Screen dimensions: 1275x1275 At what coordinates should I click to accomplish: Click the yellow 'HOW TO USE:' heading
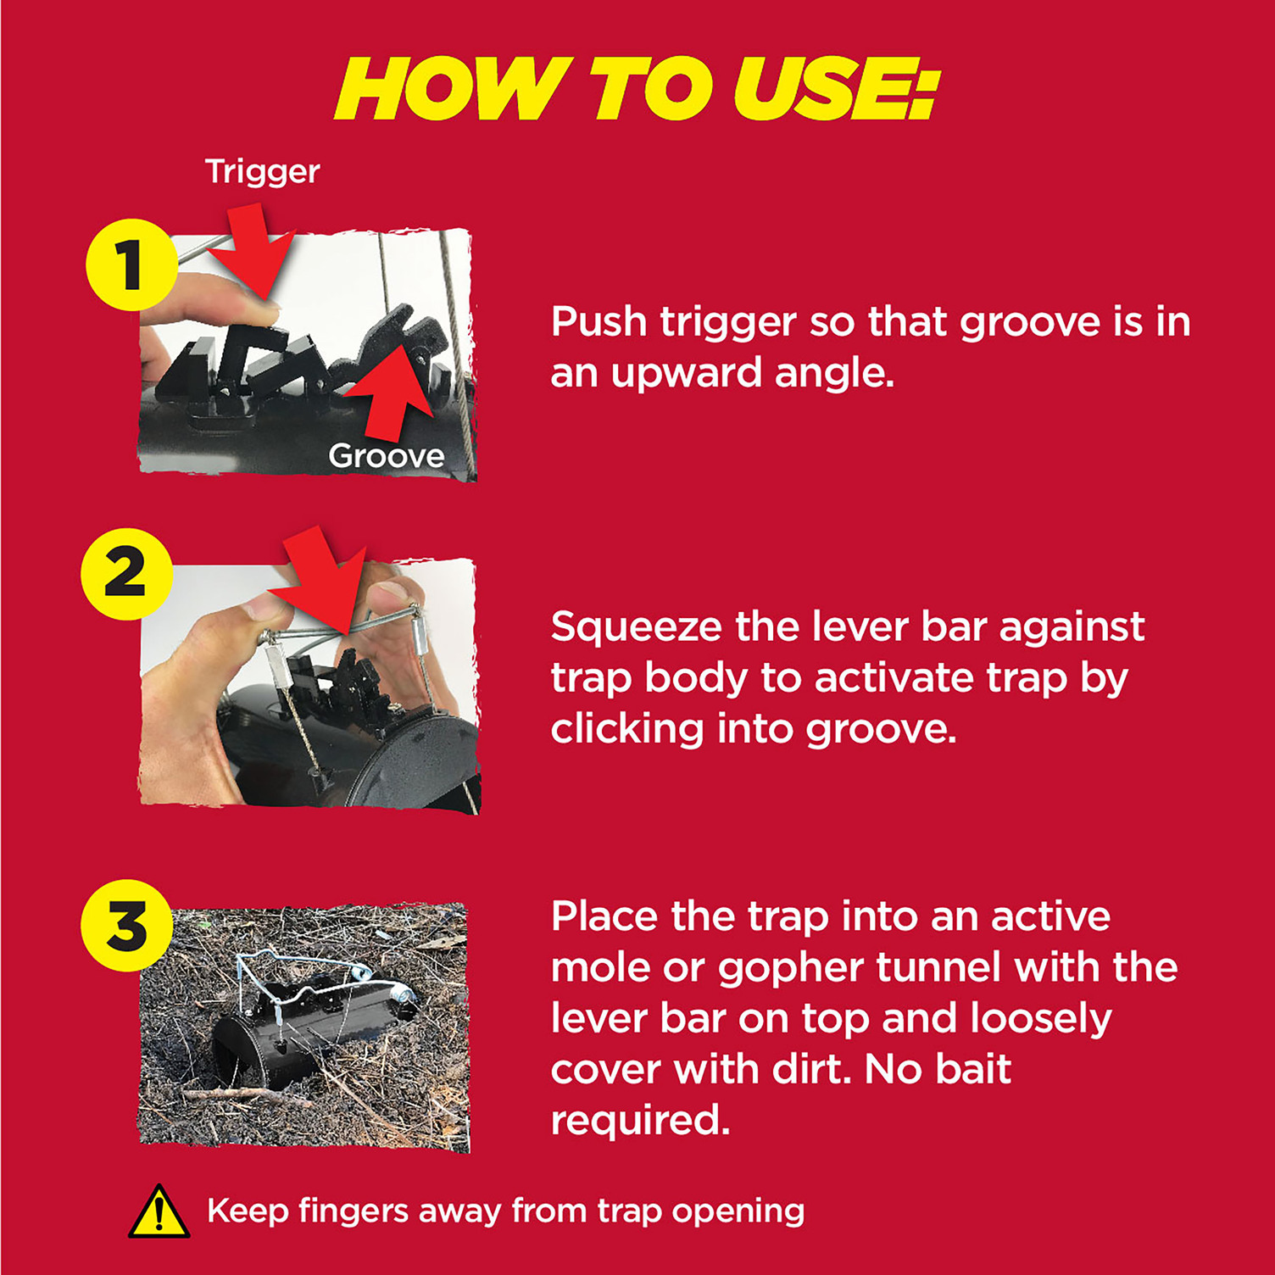point(637,89)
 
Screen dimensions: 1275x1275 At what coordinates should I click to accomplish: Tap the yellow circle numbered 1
point(131,264)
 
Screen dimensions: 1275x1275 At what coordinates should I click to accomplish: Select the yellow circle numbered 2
point(126,574)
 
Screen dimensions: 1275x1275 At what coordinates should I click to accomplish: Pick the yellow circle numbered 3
point(126,926)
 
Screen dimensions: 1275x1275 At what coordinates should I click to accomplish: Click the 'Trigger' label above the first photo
point(263,172)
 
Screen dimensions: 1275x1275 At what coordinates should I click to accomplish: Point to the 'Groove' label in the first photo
point(387,456)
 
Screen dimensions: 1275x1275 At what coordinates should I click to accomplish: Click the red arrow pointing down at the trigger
point(252,254)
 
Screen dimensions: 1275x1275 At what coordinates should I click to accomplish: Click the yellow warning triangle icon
point(159,1212)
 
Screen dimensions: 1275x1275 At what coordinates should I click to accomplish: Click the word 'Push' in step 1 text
point(599,322)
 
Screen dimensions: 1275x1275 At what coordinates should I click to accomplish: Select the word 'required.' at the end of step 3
point(640,1122)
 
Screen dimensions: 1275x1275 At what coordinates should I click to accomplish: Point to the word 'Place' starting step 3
point(604,917)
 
